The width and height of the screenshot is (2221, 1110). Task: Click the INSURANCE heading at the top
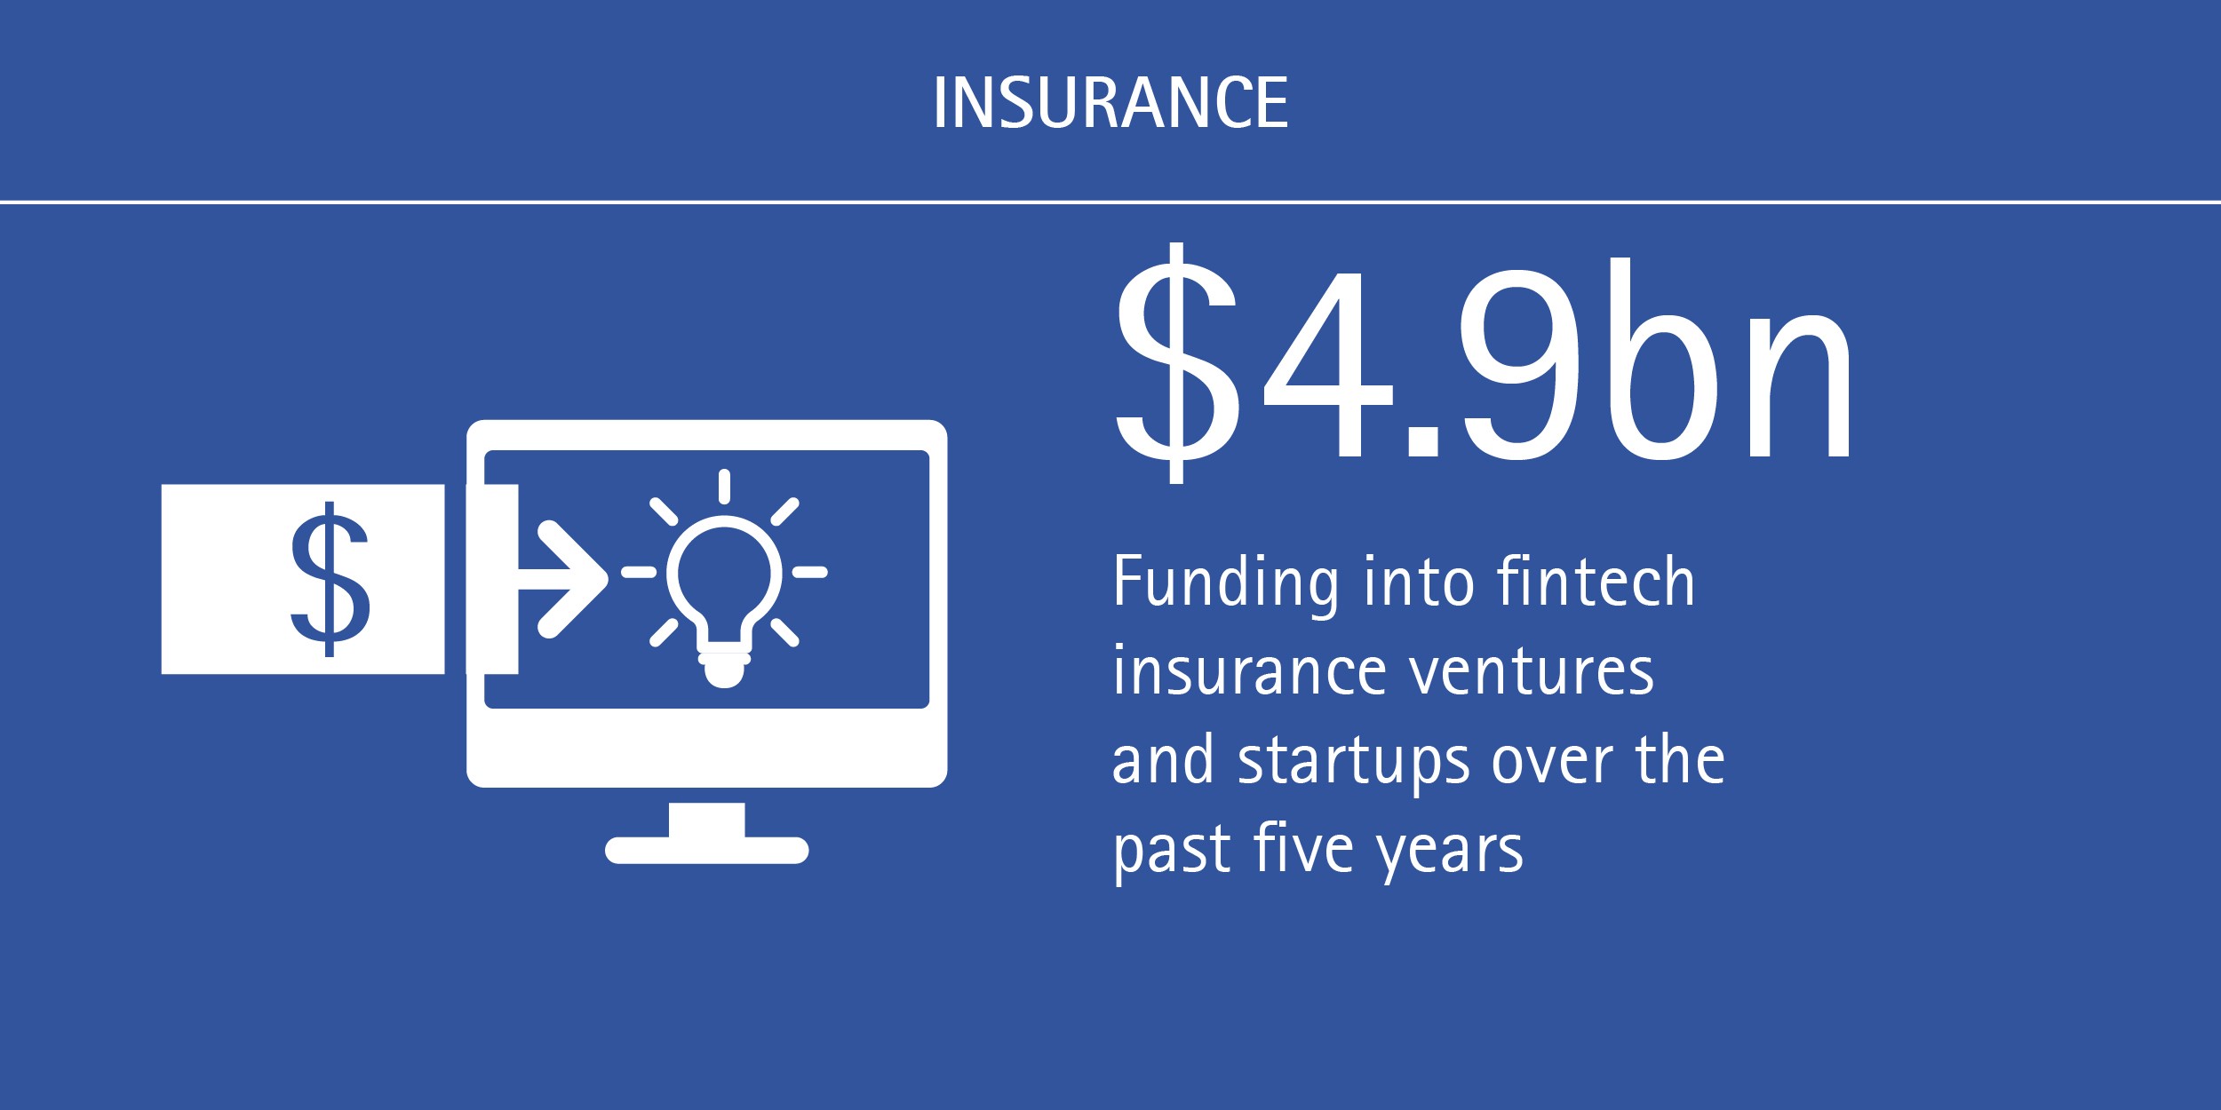pos(1110,102)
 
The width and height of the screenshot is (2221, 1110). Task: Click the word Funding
pos(1226,583)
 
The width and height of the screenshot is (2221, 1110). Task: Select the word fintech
pos(1596,581)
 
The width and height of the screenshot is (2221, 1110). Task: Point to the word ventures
pos(1532,671)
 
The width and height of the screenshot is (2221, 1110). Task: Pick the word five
pos(1304,848)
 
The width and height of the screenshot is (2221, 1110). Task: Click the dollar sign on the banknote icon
pos(330,579)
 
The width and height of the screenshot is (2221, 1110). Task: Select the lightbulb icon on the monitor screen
pos(724,601)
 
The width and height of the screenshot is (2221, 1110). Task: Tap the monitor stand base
pos(706,850)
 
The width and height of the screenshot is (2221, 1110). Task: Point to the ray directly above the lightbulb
pos(724,487)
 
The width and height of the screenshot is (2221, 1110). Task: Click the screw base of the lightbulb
pos(724,669)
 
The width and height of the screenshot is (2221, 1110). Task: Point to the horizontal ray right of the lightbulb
pos(809,573)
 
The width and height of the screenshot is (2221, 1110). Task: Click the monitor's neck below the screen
pos(706,819)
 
